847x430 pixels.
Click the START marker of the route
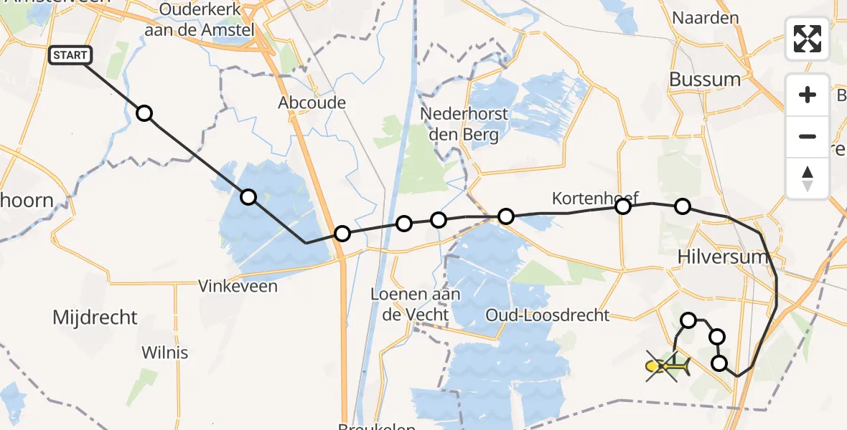pos(70,55)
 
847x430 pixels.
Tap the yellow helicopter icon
pos(668,367)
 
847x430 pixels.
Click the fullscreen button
pos(808,39)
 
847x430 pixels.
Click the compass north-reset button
pos(808,178)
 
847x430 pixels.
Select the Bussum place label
pos(704,80)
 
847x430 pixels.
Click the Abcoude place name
pos(312,102)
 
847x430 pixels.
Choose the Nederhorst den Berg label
pos(464,124)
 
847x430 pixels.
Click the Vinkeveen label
pos(238,286)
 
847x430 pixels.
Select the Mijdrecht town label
pos(95,317)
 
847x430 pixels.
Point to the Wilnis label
pos(164,353)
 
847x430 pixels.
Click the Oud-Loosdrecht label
pos(547,315)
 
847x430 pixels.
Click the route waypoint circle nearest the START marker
pos(144,113)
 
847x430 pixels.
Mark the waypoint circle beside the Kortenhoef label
pos(623,206)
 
